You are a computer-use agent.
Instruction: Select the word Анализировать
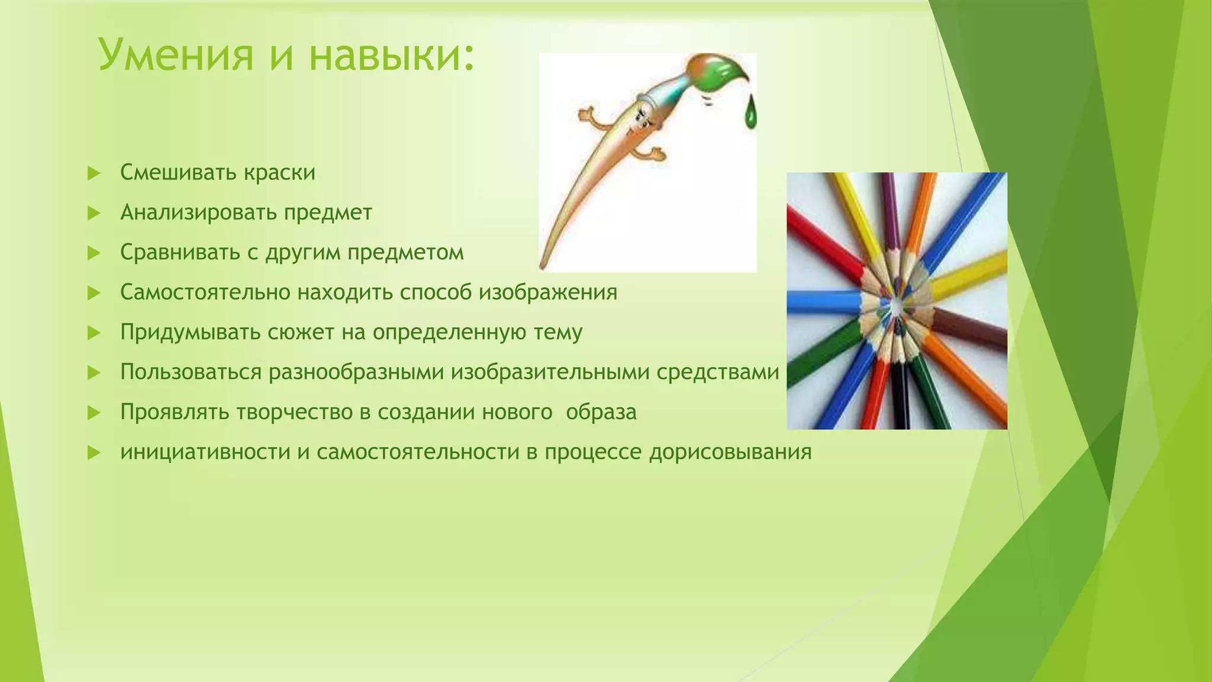(198, 212)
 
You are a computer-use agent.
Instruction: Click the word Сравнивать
(180, 252)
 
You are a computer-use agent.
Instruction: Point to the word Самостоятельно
(205, 292)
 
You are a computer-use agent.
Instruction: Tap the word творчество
(295, 412)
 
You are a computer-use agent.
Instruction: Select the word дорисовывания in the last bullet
(730, 452)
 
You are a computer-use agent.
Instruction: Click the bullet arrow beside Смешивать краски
(94, 173)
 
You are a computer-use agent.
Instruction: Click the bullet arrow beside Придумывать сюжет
(94, 333)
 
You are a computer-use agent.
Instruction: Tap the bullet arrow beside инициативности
(94, 452)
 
